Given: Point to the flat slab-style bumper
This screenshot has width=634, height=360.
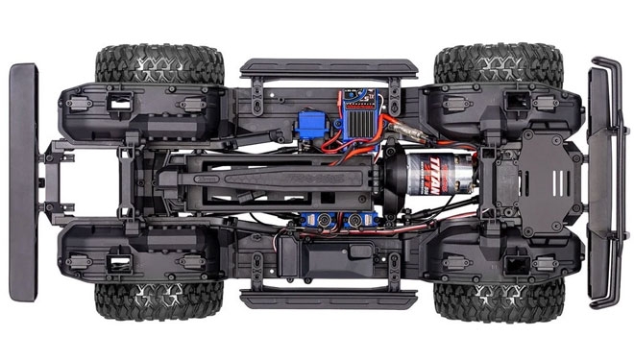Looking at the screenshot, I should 23,182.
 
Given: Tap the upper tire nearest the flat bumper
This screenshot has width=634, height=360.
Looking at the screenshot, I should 159,66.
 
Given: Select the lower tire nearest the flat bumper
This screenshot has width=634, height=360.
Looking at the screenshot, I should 159,299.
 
